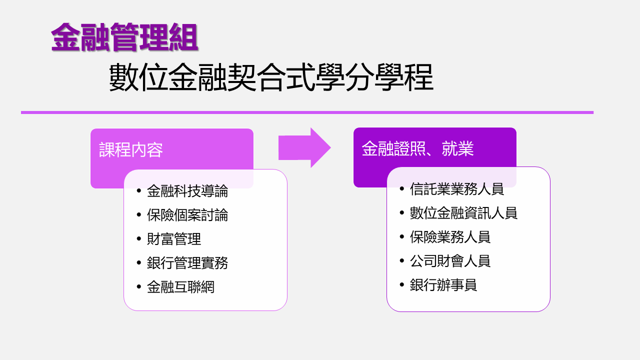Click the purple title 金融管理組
(124, 37)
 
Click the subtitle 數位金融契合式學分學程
(270, 77)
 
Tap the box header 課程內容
(131, 150)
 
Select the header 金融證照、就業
(417, 149)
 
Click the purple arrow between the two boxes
(304, 148)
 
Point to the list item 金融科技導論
(187, 191)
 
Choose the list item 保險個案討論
(187, 215)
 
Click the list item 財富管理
(174, 239)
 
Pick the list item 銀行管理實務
(187, 263)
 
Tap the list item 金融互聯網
(180, 287)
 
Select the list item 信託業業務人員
(457, 189)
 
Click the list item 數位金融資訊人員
(463, 213)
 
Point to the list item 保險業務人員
(450, 237)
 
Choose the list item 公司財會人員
(450, 261)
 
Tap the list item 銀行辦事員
(443, 285)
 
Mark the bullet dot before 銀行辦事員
(402, 284)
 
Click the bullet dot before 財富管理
(139, 238)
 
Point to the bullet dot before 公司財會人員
(402, 260)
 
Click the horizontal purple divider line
(307, 112)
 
